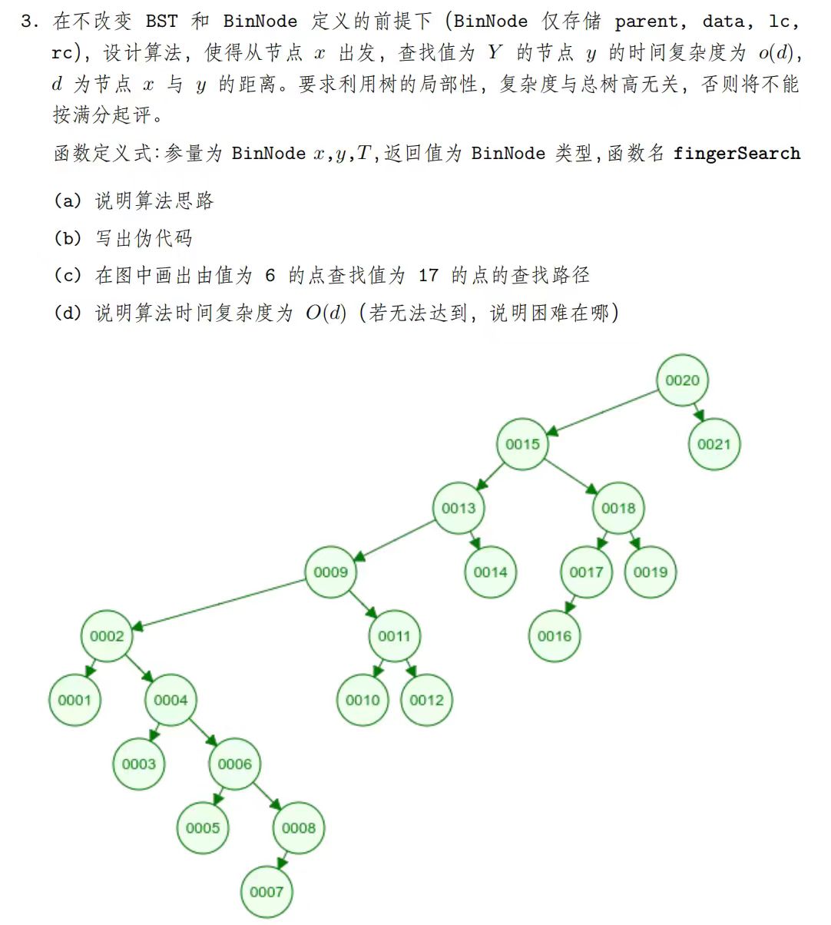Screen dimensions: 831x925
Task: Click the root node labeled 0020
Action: (682, 380)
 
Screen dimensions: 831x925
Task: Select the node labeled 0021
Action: (713, 444)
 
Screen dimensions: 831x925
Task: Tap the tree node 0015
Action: (522, 444)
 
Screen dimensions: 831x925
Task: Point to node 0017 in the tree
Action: (586, 572)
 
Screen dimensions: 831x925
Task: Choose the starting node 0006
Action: (235, 764)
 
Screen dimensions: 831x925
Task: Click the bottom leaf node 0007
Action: (267, 892)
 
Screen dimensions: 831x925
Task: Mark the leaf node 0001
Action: (74, 700)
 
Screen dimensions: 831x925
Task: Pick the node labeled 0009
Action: (331, 572)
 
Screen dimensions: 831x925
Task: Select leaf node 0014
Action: (490, 572)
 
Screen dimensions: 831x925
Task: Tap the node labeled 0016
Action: (555, 636)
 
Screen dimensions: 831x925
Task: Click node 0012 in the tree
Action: (426, 700)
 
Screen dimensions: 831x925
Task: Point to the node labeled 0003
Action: (139, 764)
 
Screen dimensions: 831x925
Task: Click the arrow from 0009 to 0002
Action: (219, 604)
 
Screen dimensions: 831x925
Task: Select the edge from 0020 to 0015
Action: (602, 413)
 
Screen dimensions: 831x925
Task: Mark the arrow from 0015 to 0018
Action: (571, 476)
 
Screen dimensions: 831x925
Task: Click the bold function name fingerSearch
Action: (737, 153)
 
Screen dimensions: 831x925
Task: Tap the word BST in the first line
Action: (161, 22)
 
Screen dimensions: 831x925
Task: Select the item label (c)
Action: (68, 275)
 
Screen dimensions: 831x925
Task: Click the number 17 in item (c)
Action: (428, 275)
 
